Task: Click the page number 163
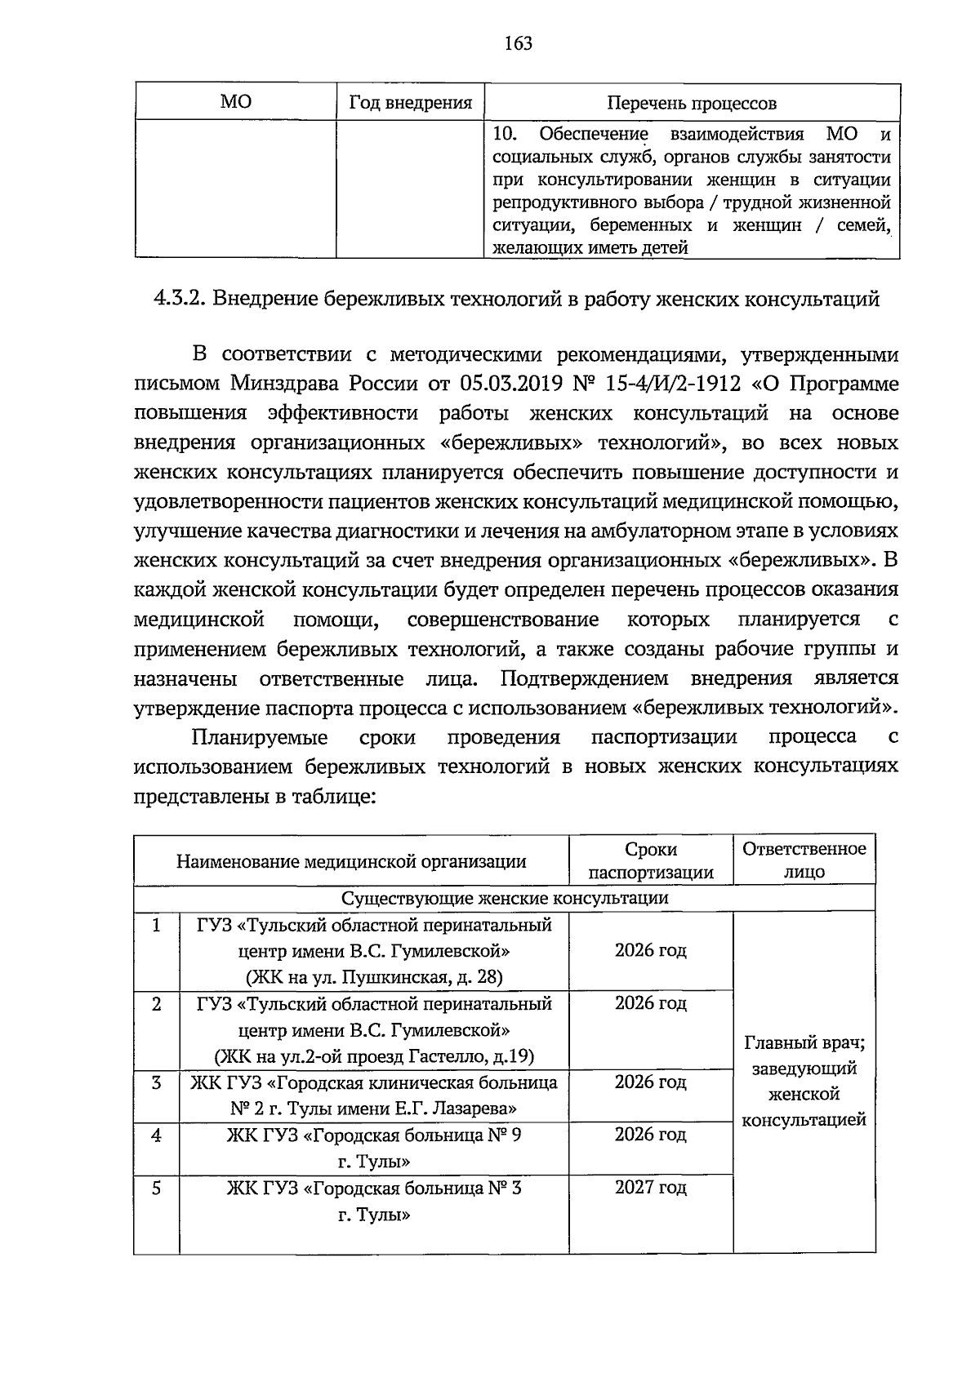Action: coord(518,43)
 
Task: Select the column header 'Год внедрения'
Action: coord(411,103)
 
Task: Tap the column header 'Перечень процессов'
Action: coord(691,104)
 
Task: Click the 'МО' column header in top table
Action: coord(236,102)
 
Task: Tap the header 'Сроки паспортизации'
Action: coord(651,860)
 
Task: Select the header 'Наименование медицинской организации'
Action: coord(351,861)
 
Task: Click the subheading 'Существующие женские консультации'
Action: coord(504,898)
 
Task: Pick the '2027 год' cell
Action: coord(650,1188)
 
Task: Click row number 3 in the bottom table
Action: coord(157,1083)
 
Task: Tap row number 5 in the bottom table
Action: coord(157,1189)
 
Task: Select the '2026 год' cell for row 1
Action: coord(650,951)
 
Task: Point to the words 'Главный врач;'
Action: coord(804,1042)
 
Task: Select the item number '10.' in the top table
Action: coord(506,134)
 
